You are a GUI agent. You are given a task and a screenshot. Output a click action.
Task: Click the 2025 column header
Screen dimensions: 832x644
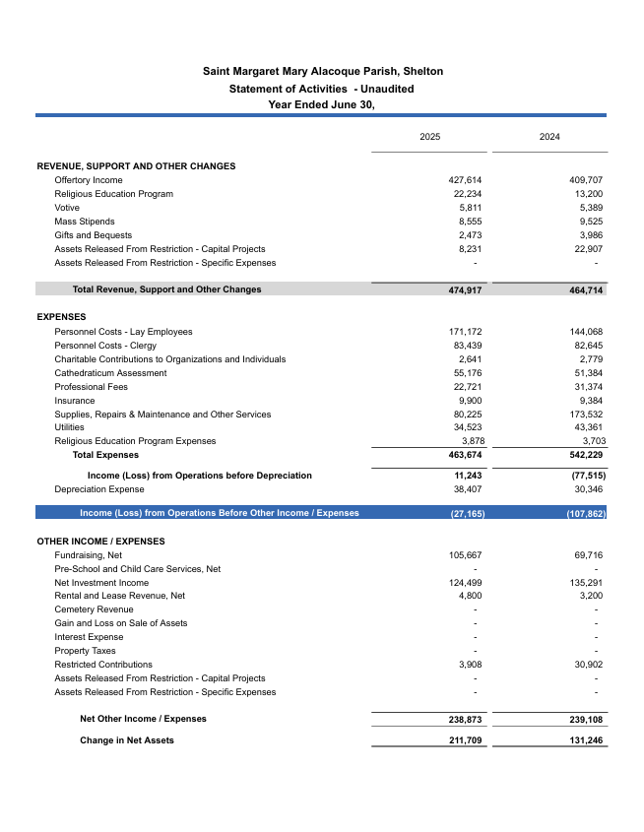pos(429,137)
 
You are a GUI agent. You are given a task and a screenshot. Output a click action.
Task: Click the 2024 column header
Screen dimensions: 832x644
pos(549,137)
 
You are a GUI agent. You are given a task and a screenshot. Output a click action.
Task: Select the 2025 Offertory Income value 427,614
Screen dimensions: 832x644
pos(465,180)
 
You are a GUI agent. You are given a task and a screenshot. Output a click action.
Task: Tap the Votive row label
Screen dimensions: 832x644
pos(67,208)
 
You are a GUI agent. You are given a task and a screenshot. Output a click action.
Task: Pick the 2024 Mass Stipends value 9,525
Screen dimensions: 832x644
pos(587,222)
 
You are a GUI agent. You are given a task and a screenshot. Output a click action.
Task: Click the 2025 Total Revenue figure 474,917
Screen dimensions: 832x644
pos(465,290)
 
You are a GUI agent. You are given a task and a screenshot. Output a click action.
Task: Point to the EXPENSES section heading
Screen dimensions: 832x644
pos(61,317)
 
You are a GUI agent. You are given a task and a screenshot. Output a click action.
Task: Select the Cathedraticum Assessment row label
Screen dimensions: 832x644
pos(110,373)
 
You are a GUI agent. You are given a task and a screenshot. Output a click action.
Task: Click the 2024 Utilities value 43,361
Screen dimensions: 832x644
pos(585,427)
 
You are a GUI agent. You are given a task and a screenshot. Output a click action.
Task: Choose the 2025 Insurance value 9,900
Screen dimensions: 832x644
pos(470,401)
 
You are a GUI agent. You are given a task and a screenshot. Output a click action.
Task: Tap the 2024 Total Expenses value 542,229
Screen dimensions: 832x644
pos(584,455)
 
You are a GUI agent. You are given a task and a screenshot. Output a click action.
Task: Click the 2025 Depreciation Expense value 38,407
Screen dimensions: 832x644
pos(467,489)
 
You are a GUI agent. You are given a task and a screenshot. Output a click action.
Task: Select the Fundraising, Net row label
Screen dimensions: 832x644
pos(88,555)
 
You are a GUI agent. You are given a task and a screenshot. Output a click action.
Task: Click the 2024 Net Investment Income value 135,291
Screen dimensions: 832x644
pos(582,583)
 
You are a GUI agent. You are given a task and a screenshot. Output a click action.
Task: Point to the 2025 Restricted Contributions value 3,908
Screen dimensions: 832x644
pos(470,665)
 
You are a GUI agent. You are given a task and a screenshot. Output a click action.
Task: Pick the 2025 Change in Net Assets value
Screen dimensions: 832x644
pos(465,740)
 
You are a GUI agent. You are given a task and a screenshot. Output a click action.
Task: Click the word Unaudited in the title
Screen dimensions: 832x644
pos(382,89)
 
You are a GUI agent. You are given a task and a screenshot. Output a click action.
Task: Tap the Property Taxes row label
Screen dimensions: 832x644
pos(85,651)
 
